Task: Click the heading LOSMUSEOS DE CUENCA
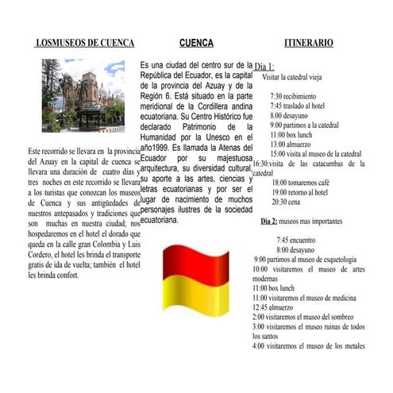point(85,43)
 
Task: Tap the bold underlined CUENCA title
point(196,43)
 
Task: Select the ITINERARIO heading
point(309,43)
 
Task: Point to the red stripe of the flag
point(196,261)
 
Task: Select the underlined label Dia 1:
point(264,67)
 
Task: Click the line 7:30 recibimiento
point(292,96)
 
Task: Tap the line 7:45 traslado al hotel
point(298,106)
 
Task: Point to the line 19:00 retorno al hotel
point(299,192)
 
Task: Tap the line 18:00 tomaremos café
point(301,183)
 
